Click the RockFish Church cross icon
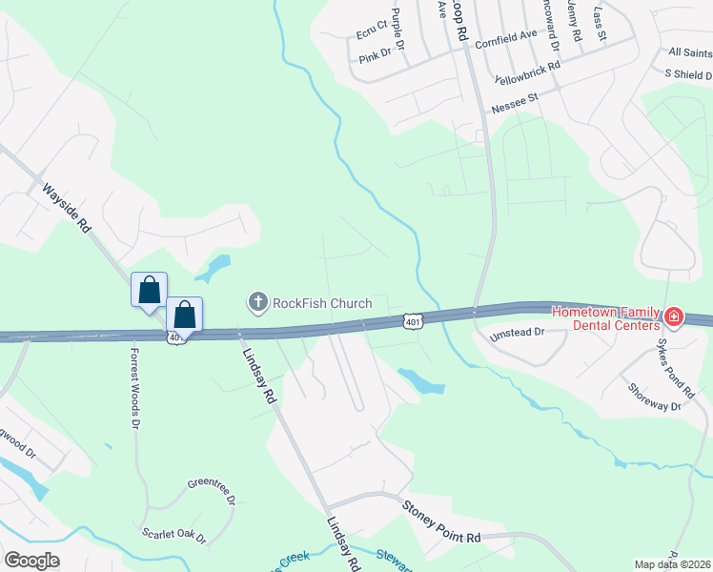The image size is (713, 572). pyautogui.click(x=257, y=303)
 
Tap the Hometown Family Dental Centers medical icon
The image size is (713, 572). pyautogui.click(x=674, y=316)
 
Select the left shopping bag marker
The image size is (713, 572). pyautogui.click(x=149, y=289)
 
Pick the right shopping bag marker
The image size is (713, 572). pyautogui.click(x=185, y=314)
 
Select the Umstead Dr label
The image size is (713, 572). pyautogui.click(x=516, y=334)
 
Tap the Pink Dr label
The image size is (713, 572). pyautogui.click(x=376, y=56)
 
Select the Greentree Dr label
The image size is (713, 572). pyautogui.click(x=211, y=490)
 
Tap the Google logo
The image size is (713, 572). pyautogui.click(x=31, y=561)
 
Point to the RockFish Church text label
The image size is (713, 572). pyautogui.click(x=322, y=303)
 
